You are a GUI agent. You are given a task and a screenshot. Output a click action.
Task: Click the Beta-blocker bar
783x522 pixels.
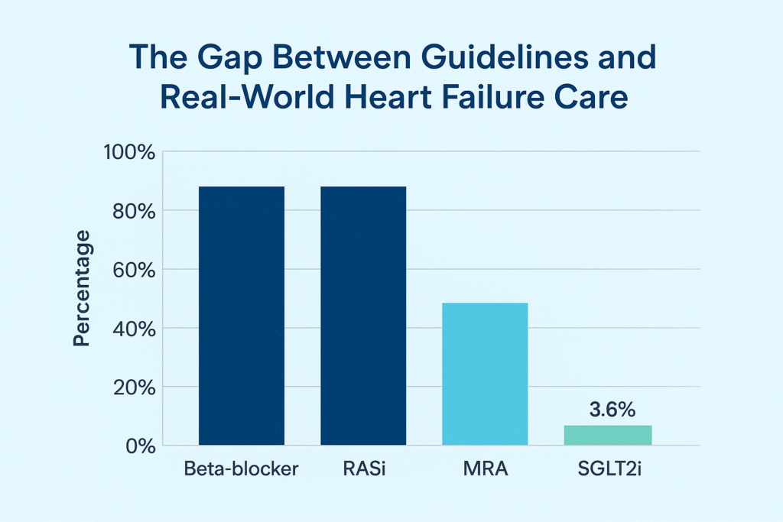point(241,315)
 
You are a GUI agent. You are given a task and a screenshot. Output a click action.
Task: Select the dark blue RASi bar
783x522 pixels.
point(363,315)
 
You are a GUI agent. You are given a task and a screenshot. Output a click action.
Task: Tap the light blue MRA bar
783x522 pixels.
point(485,374)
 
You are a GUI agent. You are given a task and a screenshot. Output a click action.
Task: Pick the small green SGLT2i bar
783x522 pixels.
point(608,435)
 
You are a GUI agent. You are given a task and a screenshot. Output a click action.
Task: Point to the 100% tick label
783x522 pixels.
point(129,152)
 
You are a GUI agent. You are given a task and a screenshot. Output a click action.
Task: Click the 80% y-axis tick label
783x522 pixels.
point(134,211)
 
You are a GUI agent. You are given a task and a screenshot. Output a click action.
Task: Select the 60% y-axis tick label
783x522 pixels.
point(134,270)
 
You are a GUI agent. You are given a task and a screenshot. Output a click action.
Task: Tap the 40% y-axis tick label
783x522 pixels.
point(134,329)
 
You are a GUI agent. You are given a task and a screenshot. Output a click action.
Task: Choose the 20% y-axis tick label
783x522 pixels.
point(134,387)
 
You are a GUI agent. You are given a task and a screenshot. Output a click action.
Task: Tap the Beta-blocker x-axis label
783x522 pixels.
point(242,469)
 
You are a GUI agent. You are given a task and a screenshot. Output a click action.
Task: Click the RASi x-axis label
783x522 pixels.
point(362,469)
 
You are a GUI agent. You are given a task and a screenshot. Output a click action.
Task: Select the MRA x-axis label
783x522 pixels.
point(486,469)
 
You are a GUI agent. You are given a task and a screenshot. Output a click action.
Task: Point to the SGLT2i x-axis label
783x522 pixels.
point(608,469)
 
